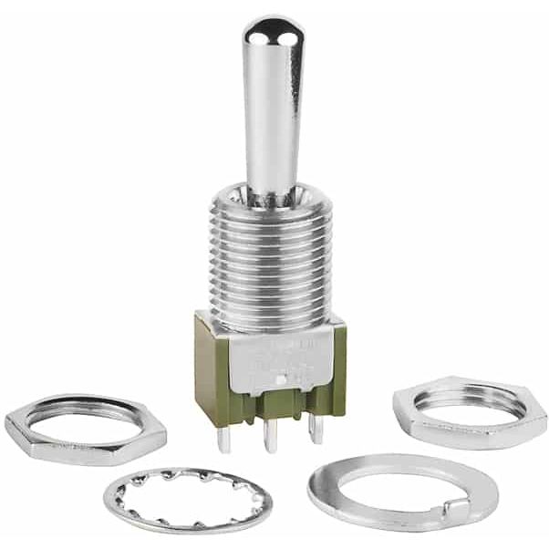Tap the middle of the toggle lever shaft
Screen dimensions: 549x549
coord(273,109)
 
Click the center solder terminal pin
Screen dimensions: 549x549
coord(270,438)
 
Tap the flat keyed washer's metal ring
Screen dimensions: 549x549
coord(328,497)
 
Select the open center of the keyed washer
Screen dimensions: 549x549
coord(401,483)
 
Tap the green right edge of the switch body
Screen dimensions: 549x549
coord(338,356)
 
